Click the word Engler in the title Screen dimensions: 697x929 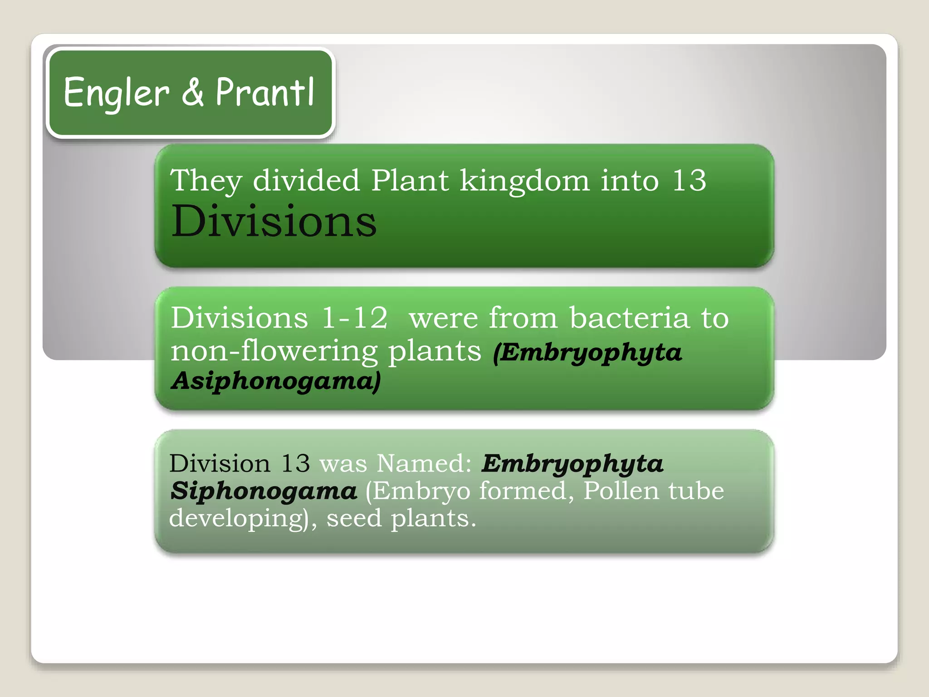coord(116,93)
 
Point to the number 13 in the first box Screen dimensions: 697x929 coord(689,181)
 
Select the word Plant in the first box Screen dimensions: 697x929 coord(410,181)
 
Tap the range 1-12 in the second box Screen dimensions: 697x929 coord(355,318)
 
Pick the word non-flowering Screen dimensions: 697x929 coord(274,351)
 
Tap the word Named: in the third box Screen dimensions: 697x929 coord(424,464)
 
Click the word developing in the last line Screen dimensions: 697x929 coord(239,519)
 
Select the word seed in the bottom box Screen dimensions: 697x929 coord(354,518)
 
